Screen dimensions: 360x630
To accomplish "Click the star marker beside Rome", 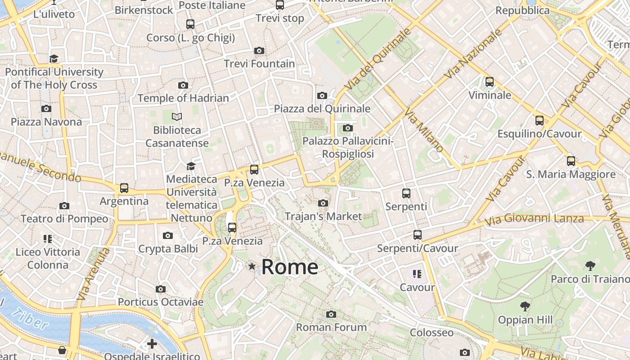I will (252, 267).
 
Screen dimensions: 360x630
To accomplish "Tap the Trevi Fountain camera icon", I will (259, 51).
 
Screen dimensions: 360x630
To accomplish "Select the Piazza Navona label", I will (46, 122).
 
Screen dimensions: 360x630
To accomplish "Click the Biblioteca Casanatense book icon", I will (177, 117).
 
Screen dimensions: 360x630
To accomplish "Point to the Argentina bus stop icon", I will (124, 188).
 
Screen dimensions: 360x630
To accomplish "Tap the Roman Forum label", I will (331, 327).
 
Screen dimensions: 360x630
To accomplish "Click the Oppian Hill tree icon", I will (525, 307).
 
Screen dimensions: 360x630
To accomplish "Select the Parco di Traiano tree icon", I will (590, 266).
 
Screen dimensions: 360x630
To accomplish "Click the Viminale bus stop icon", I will (490, 82).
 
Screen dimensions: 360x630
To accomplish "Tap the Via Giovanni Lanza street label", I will (534, 220).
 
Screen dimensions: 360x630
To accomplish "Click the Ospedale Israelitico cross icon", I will (152, 344).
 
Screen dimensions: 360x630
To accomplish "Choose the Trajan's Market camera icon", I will (323, 203).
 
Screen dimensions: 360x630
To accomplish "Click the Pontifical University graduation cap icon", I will (54, 59).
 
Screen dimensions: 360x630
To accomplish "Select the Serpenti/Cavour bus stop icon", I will (418, 235).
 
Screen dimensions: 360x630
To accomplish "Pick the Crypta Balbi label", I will (168, 249).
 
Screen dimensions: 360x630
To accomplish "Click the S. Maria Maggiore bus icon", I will (571, 161).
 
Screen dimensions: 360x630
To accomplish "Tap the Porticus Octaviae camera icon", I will (161, 289).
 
